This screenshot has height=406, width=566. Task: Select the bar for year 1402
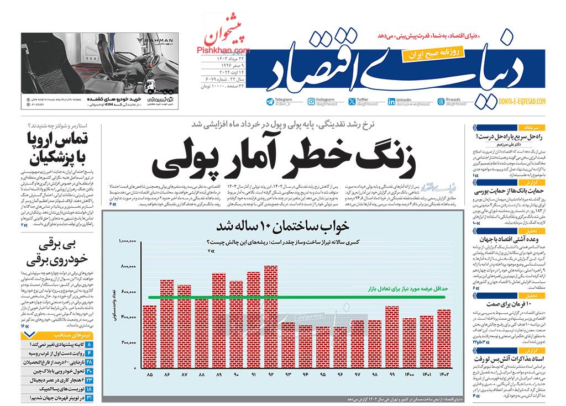point(443,339)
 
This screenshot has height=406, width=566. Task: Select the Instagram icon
point(312,102)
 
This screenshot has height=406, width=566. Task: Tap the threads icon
point(441,102)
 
